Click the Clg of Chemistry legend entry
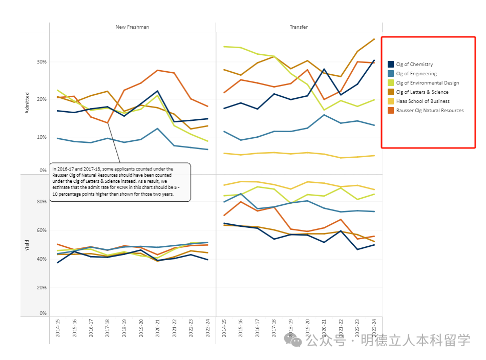point(414,65)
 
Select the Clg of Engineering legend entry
point(416,74)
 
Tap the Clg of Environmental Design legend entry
point(427,83)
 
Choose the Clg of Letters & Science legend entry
point(422,92)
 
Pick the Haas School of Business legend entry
point(422,101)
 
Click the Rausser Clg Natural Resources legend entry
point(430,111)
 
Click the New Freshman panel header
point(132,27)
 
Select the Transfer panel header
point(299,27)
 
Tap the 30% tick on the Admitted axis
point(41,62)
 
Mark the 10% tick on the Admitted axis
point(41,137)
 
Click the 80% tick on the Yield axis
point(41,202)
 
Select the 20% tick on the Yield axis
point(41,288)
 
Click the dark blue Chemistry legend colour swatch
point(391,65)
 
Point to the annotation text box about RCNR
point(120,182)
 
